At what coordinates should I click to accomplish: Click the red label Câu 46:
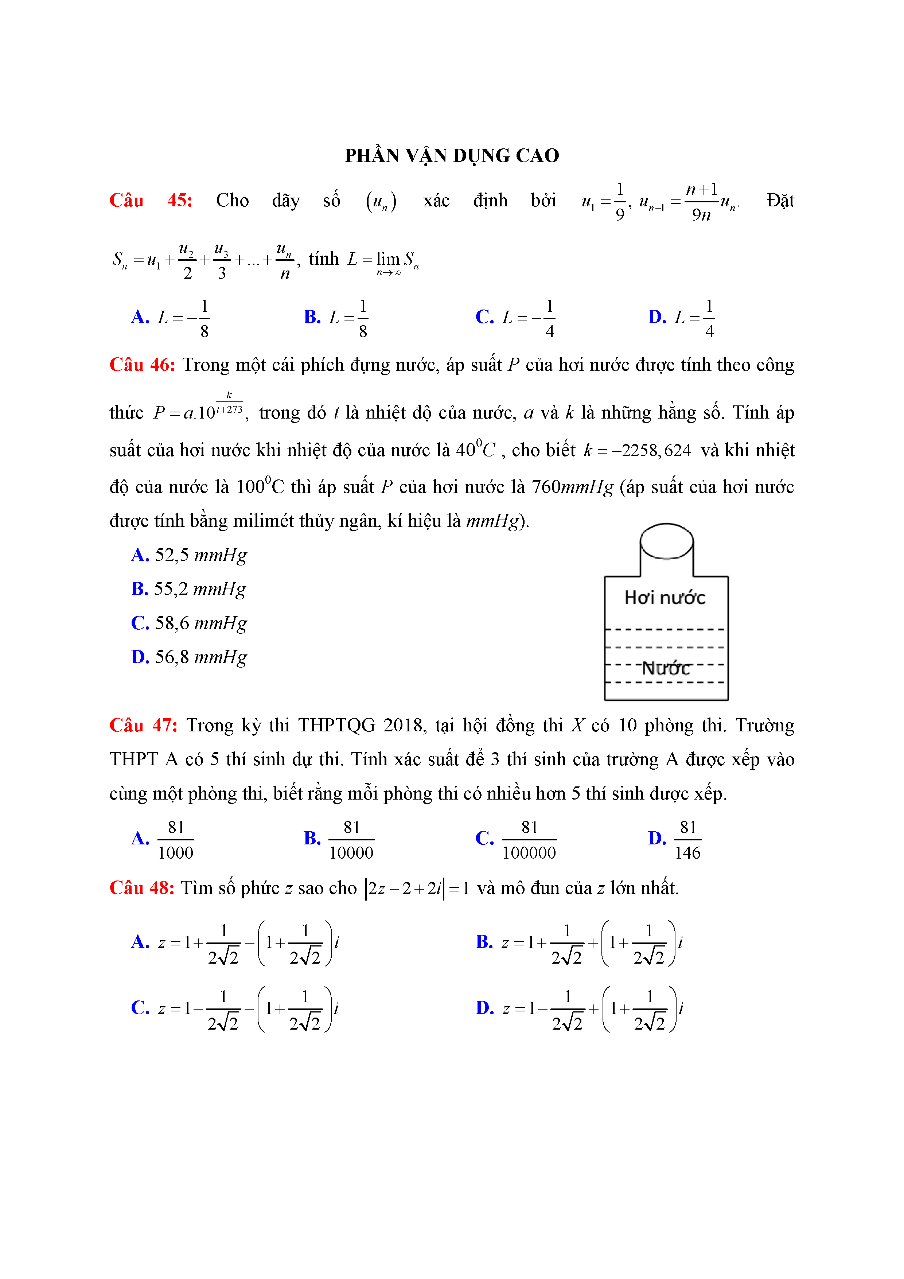coord(143,365)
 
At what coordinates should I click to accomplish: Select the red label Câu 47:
coord(143,725)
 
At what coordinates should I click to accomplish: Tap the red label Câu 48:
coord(142,888)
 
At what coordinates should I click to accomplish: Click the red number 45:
coord(180,201)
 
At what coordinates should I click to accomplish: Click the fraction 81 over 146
coord(687,840)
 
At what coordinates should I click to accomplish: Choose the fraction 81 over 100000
coord(529,840)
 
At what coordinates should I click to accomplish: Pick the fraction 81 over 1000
coord(175,840)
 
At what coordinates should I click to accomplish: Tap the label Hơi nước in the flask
coord(665,598)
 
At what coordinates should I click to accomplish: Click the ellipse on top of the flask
coord(666,541)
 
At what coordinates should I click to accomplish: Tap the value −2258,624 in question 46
coord(651,451)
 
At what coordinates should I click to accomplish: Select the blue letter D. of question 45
coord(657,317)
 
